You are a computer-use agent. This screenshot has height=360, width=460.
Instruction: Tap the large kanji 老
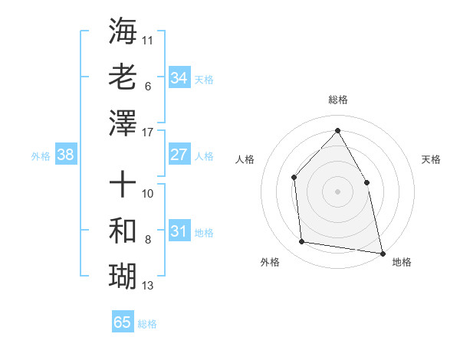123,78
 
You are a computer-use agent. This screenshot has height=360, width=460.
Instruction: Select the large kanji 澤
123,123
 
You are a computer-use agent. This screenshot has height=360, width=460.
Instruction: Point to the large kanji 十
123,185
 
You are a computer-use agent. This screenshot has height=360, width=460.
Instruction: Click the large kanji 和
123,230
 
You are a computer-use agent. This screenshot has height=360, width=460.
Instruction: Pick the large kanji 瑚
123,274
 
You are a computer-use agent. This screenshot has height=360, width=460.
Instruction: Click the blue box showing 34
179,78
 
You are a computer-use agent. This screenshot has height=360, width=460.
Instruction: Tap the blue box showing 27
179,155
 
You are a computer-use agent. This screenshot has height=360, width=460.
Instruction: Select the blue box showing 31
179,231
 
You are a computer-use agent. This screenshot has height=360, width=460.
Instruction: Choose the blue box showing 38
65,155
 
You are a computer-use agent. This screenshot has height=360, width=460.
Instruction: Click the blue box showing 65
122,322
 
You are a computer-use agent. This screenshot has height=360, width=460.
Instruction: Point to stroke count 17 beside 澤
149,133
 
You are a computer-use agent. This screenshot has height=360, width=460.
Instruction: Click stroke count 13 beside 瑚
148,286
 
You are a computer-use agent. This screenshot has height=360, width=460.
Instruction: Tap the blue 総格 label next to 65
148,324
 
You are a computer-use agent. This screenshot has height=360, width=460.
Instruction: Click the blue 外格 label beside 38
41,156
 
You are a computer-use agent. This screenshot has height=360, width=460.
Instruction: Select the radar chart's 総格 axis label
337,100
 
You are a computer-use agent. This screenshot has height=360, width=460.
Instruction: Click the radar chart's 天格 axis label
431,159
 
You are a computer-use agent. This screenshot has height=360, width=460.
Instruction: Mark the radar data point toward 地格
382,252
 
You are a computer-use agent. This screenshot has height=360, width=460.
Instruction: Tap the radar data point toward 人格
294,178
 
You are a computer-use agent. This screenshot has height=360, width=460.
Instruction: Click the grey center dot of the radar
337,191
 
